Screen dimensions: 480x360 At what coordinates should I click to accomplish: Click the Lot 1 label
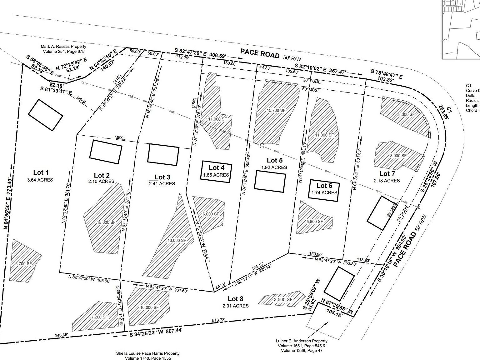tap(41, 172)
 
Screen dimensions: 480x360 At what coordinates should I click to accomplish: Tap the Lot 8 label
tap(236, 298)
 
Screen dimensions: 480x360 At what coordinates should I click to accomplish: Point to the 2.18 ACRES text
tap(387, 181)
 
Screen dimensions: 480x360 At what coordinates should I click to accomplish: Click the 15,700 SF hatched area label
tap(276, 110)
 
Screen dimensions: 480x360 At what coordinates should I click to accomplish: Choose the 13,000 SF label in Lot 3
tap(176, 240)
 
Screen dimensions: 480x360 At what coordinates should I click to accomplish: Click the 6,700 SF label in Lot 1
tap(23, 263)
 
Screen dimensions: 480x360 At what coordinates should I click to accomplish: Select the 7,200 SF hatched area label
tap(99, 317)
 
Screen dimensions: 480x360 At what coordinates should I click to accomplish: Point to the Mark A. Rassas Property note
tap(63, 49)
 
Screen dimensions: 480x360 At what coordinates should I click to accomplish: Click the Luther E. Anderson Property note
tap(302, 346)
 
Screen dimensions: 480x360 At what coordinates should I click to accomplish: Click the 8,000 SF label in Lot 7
tap(398, 155)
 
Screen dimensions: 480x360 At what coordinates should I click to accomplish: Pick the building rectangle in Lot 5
tap(270, 181)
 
